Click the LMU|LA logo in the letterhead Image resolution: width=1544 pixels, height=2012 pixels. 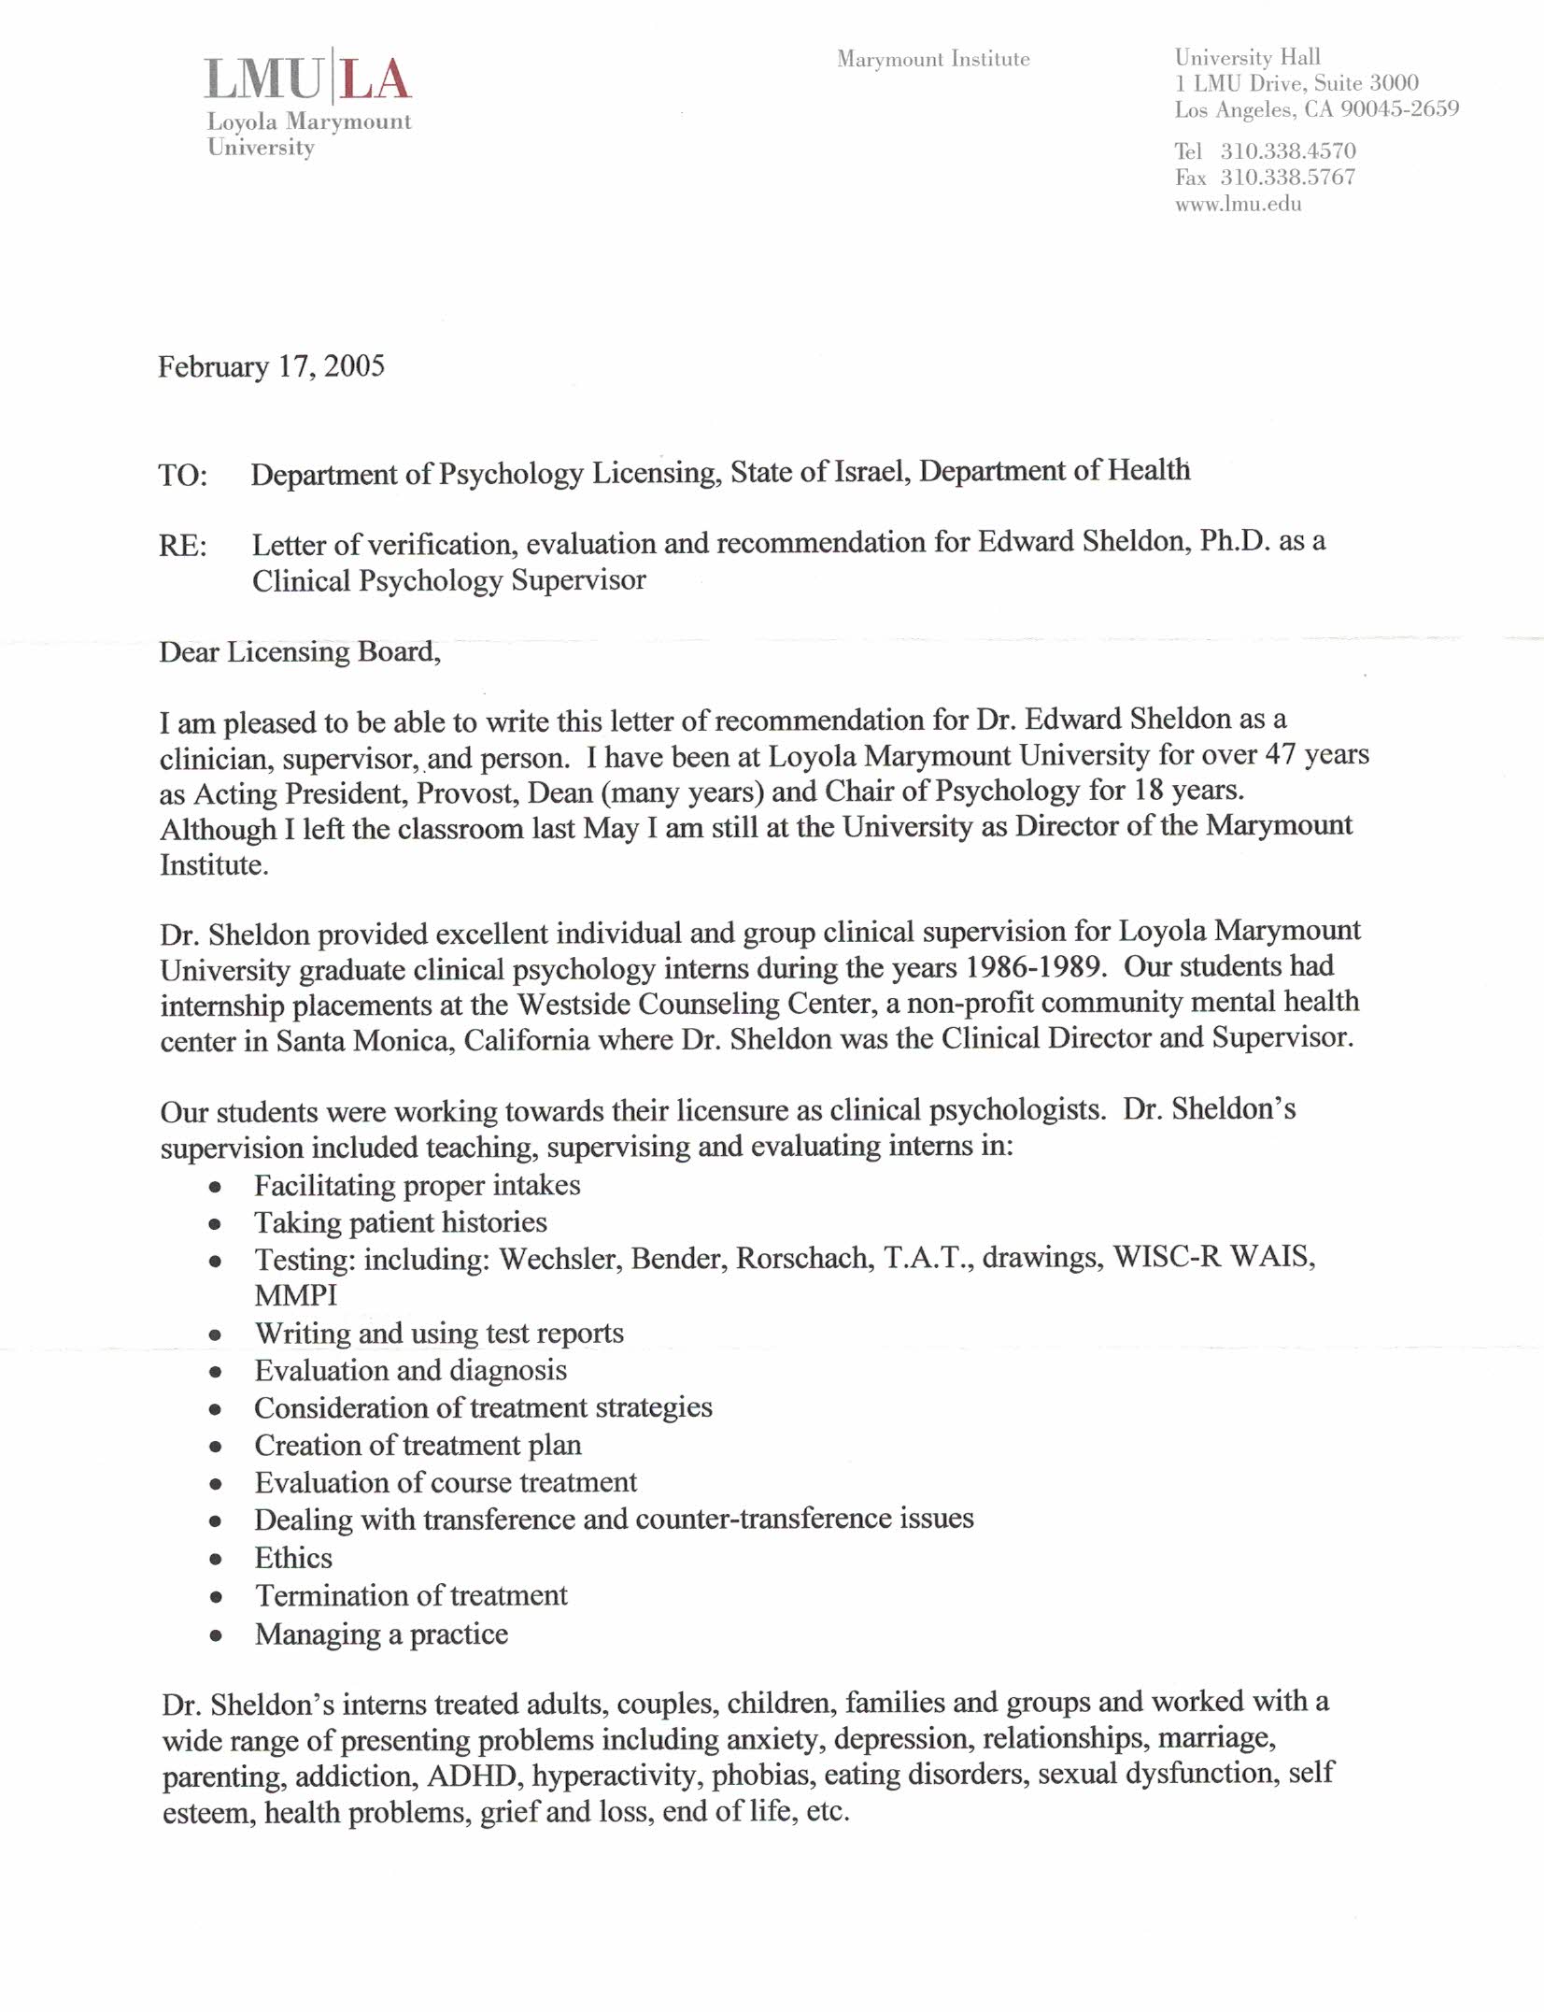click(x=307, y=79)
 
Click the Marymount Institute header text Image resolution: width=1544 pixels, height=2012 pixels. click(x=933, y=60)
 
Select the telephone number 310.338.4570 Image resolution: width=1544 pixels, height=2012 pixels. click(x=1287, y=151)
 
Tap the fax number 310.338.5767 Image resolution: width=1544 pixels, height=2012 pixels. click(x=1287, y=178)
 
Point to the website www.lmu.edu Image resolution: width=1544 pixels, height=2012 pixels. click(x=1238, y=205)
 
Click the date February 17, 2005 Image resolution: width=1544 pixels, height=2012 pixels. click(x=271, y=366)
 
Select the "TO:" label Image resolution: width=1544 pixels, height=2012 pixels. click(x=183, y=476)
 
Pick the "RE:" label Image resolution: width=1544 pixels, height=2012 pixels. click(x=183, y=546)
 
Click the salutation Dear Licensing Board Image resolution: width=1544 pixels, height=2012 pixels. click(x=300, y=652)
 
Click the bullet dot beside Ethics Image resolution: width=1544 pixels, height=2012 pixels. click(x=216, y=1560)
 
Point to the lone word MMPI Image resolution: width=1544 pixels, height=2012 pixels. click(x=296, y=1296)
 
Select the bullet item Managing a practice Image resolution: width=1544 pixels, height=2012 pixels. click(x=381, y=1634)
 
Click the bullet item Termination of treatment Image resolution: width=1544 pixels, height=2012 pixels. click(x=411, y=1596)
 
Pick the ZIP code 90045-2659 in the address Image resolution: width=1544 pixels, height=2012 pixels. click(x=1399, y=110)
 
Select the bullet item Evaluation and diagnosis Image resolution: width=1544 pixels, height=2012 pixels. click(x=410, y=1371)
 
